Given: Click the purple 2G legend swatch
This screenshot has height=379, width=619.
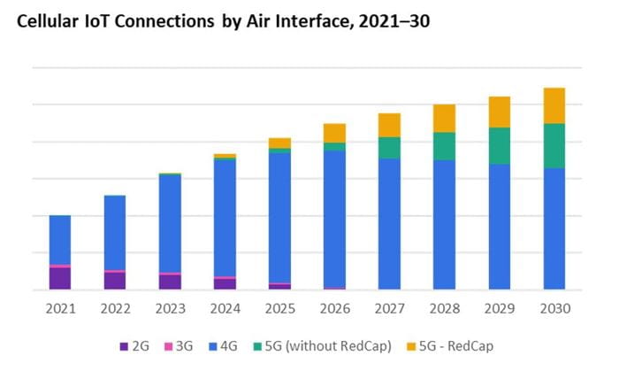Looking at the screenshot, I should tap(123, 346).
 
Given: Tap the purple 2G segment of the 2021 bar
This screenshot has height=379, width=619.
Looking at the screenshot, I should tap(60, 278).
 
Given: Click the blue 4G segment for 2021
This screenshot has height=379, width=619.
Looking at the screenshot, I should tap(60, 240).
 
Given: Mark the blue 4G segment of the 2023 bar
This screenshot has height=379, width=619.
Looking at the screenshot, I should tap(170, 223).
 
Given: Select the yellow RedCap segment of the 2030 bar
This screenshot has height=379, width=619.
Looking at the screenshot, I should tap(554, 105).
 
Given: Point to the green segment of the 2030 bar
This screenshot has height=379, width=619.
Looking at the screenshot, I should tap(554, 145).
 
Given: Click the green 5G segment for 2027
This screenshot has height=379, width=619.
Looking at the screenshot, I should tap(389, 148).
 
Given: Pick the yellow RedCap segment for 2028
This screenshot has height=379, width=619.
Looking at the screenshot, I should tap(444, 118).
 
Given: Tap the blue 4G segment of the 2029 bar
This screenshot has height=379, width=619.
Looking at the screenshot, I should tap(499, 226).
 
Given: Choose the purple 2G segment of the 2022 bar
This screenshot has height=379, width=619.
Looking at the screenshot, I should tap(115, 281).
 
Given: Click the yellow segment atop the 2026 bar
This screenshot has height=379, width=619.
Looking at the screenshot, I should tap(334, 133).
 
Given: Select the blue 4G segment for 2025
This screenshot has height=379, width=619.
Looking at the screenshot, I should tap(279, 217).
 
